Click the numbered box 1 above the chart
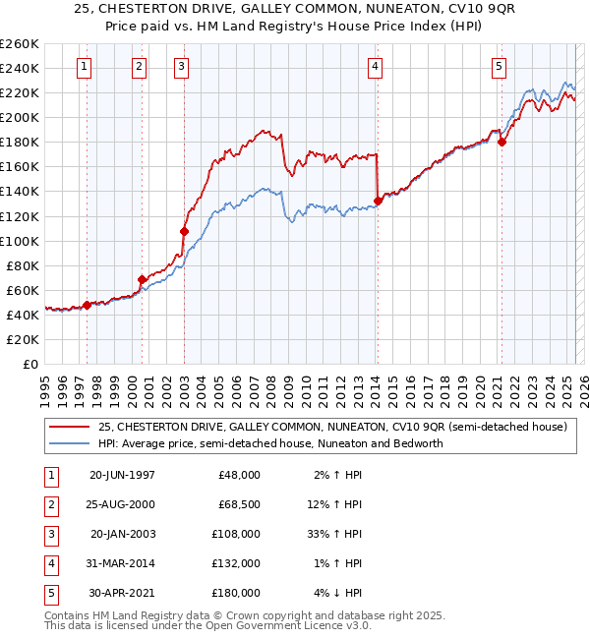[85, 67]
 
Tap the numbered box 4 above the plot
[376, 67]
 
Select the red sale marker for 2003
[184, 231]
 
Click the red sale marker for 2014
[378, 202]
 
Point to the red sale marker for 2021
[501, 142]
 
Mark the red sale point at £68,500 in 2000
[142, 279]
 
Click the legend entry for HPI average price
[270, 443]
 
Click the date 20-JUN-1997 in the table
[122, 475]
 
